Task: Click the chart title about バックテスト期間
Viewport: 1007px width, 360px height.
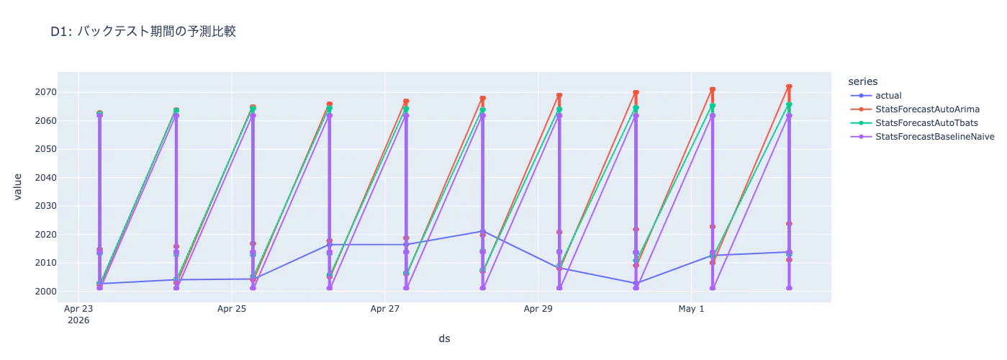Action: (143, 32)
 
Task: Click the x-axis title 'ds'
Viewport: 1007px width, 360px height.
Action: (444, 338)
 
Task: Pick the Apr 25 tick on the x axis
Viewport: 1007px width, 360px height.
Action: (232, 309)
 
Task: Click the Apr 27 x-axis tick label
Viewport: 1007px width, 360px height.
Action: (385, 309)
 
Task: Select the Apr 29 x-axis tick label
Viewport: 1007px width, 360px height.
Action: (538, 309)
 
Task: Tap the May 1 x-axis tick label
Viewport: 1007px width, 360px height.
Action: (691, 309)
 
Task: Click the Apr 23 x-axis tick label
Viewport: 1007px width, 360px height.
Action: (78, 309)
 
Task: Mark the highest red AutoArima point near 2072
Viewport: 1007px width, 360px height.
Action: (789, 86)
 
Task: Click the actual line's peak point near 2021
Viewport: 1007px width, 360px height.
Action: (482, 231)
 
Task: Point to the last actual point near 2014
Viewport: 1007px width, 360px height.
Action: (789, 252)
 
